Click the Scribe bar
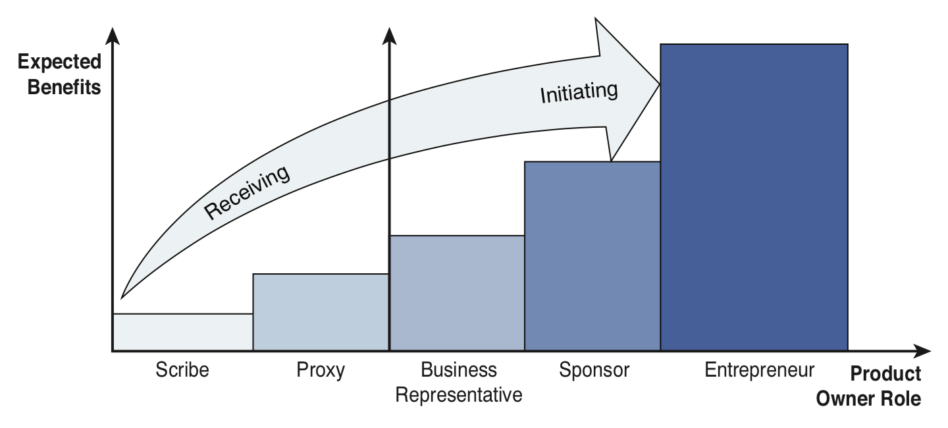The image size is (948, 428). (x=183, y=332)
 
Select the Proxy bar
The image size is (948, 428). (x=321, y=312)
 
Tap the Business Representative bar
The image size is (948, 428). (x=457, y=293)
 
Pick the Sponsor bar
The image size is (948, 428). (x=592, y=257)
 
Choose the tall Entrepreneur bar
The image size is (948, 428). (x=754, y=198)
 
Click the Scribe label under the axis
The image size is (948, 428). (x=182, y=370)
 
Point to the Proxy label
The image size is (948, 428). (x=321, y=370)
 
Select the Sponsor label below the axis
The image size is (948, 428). (x=594, y=370)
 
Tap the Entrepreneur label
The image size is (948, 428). (x=759, y=370)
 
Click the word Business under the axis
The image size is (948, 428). (x=459, y=370)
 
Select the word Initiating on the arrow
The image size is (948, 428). (x=579, y=92)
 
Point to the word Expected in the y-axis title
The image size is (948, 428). (x=60, y=63)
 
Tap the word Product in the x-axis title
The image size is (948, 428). (x=885, y=374)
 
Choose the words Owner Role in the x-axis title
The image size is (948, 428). (x=868, y=399)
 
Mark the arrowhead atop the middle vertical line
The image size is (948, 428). (x=390, y=37)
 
